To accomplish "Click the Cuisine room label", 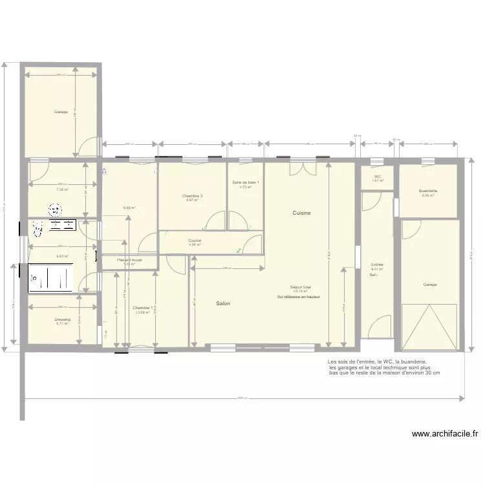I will pyautogui.click(x=301, y=213).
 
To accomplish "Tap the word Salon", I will pyautogui.click(x=223, y=303).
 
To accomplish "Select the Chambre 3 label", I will pyautogui.click(x=192, y=196).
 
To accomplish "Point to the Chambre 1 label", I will pyautogui.click(x=142, y=308).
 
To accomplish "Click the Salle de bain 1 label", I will pyautogui.click(x=246, y=182).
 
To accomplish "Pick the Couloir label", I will pyautogui.click(x=195, y=240).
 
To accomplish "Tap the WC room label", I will pyautogui.click(x=377, y=177).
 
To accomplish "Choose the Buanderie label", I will pyautogui.click(x=428, y=191).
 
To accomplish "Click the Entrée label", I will pyautogui.click(x=377, y=264).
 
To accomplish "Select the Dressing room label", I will pyautogui.click(x=62, y=319).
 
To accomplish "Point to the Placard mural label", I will pyautogui.click(x=129, y=260).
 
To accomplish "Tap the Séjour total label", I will pyautogui.click(x=301, y=286).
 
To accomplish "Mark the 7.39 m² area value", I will pyautogui.click(x=62, y=190).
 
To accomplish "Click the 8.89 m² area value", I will pyautogui.click(x=129, y=208).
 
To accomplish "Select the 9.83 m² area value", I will pyautogui.click(x=62, y=256).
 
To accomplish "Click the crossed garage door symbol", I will pyautogui.click(x=430, y=328).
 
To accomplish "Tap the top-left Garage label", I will pyautogui.click(x=61, y=112).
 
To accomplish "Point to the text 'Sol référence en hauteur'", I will pyautogui.click(x=299, y=297).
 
